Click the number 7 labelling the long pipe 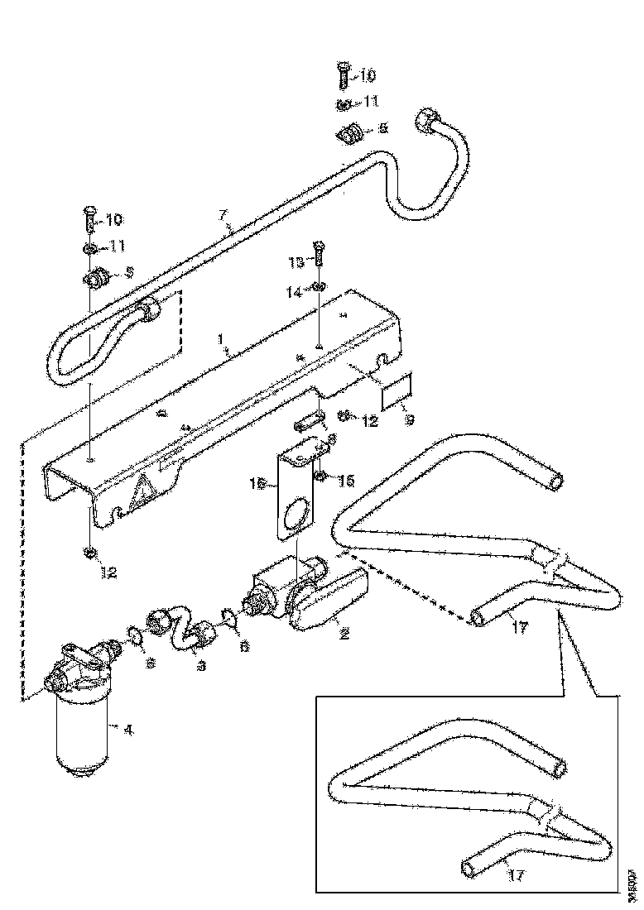pos(222,216)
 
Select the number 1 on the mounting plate pos(220,339)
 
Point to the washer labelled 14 pos(319,287)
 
